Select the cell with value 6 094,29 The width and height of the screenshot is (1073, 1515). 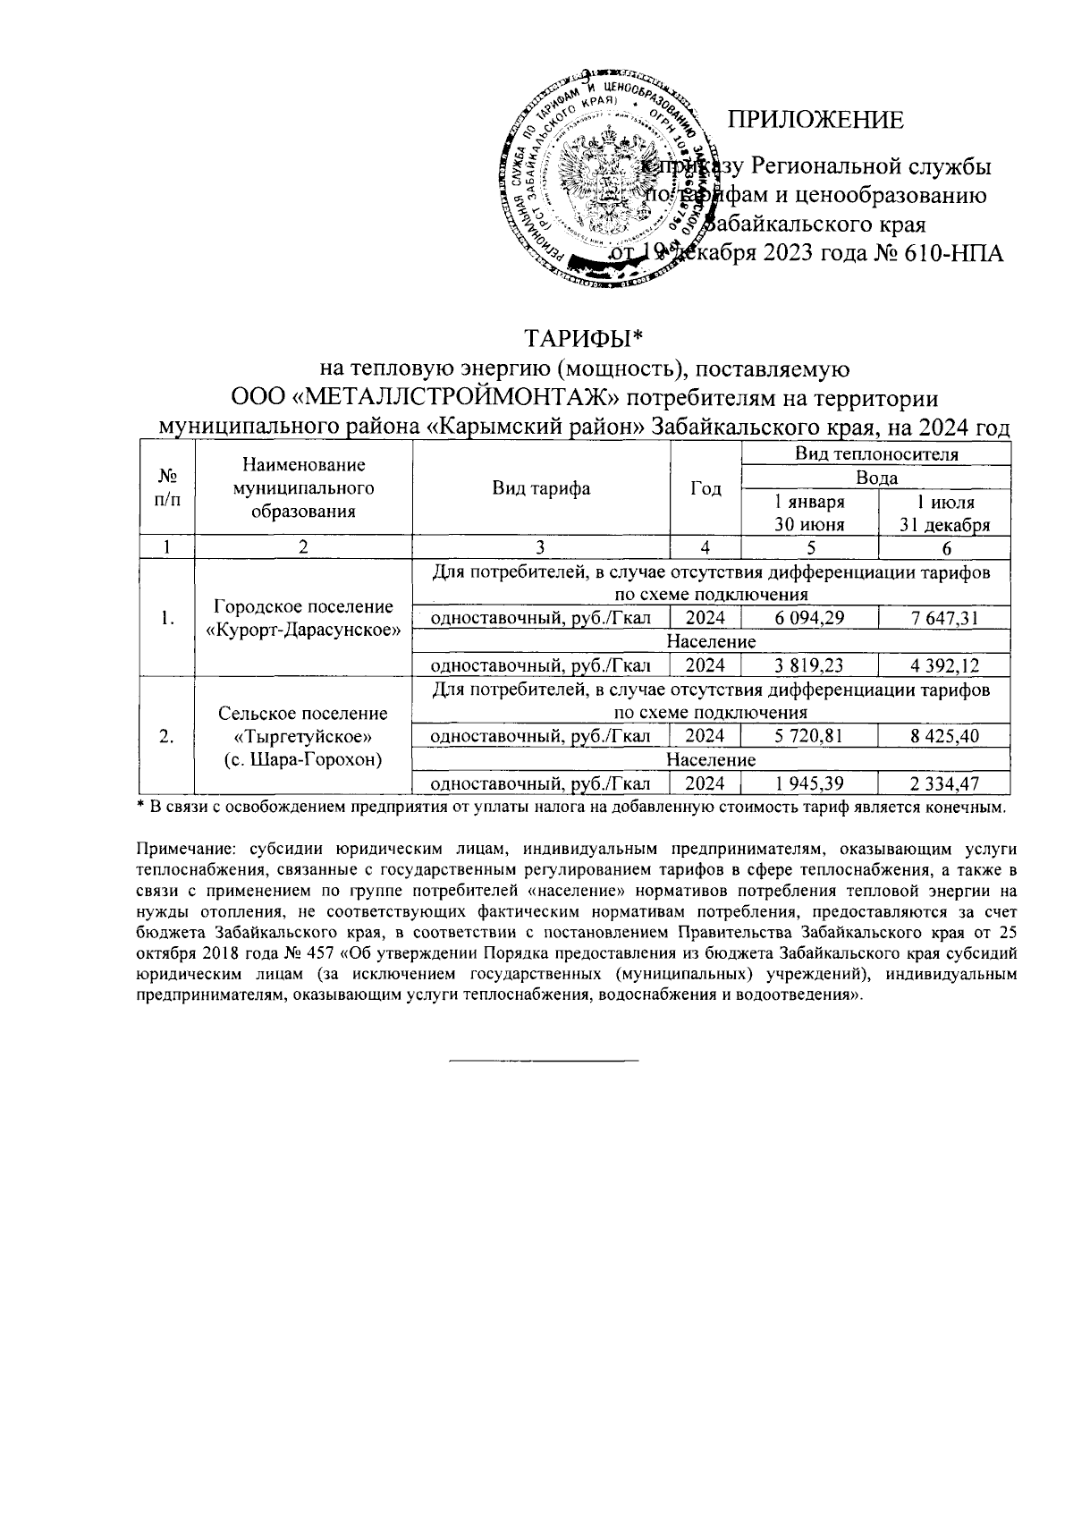coord(809,618)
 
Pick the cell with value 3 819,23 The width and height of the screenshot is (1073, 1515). coord(809,665)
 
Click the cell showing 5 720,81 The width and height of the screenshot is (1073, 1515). coord(809,736)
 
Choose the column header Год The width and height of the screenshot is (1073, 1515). coord(705,489)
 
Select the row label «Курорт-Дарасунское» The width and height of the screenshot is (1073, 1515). coord(303,630)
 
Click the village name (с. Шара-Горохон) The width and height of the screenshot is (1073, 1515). coord(303,760)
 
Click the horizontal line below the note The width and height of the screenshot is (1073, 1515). coord(543,1061)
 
